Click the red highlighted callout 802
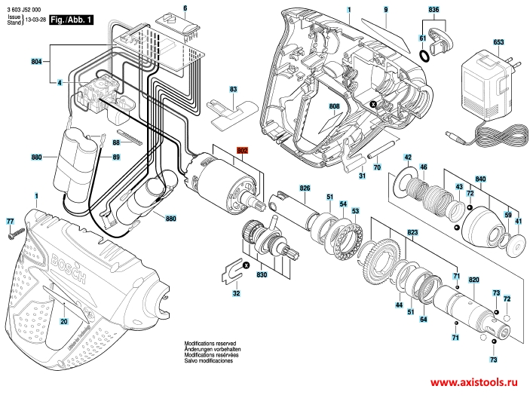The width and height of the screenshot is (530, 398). pos(243,151)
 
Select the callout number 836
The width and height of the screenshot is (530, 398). pos(433,9)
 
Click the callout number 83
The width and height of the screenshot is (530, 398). pos(234,90)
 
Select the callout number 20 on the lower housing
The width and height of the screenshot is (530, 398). pos(64,322)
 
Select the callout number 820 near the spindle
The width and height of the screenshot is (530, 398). pos(473,280)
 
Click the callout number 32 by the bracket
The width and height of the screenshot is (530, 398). pos(236,292)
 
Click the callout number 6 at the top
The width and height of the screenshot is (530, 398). pos(185,8)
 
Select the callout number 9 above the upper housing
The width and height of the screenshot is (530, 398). pos(384,8)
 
